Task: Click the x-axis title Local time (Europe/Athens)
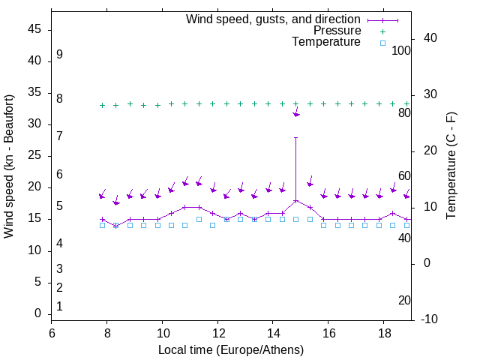coord(231,350)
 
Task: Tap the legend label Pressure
coord(337,31)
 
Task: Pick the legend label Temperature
coord(326,42)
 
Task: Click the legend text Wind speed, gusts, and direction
coord(274,19)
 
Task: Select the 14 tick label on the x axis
coord(273,332)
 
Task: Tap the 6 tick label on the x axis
coord(52,332)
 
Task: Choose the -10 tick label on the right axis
coord(430,319)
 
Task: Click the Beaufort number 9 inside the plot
coord(59,55)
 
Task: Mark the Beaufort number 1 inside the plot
coord(59,306)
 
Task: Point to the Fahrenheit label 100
coord(402,50)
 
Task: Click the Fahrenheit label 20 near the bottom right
coord(404,300)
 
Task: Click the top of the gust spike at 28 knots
coord(295,137)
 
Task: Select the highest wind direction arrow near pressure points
coord(296,114)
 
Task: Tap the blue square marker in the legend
coord(382,43)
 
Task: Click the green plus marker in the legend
coord(382,31)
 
